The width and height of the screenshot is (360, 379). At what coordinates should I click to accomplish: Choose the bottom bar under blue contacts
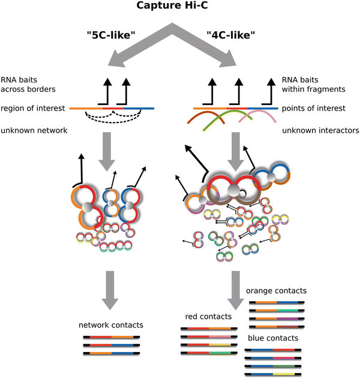coord(272,374)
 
